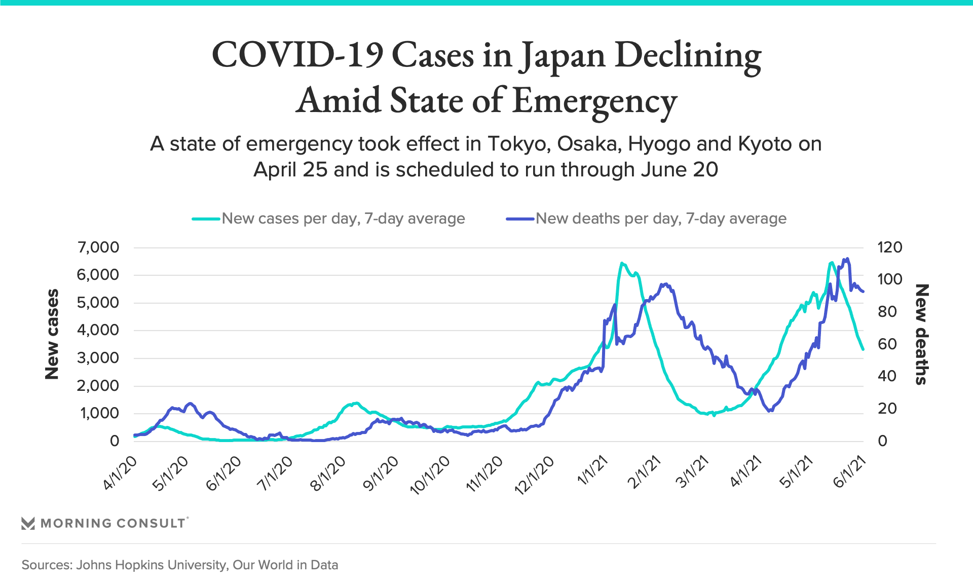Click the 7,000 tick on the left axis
tap(98, 247)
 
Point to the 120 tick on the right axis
tap(889, 247)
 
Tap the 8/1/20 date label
tap(328, 474)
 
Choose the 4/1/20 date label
tap(120, 473)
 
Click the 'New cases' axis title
tap(52, 335)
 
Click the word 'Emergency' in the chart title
tap(594, 100)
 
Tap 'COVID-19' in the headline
tap(297, 54)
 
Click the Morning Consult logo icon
tap(28, 523)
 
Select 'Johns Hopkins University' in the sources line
tap(151, 565)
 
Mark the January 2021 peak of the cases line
tap(622, 263)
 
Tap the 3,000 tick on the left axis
tap(98, 358)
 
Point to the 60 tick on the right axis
tap(887, 344)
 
